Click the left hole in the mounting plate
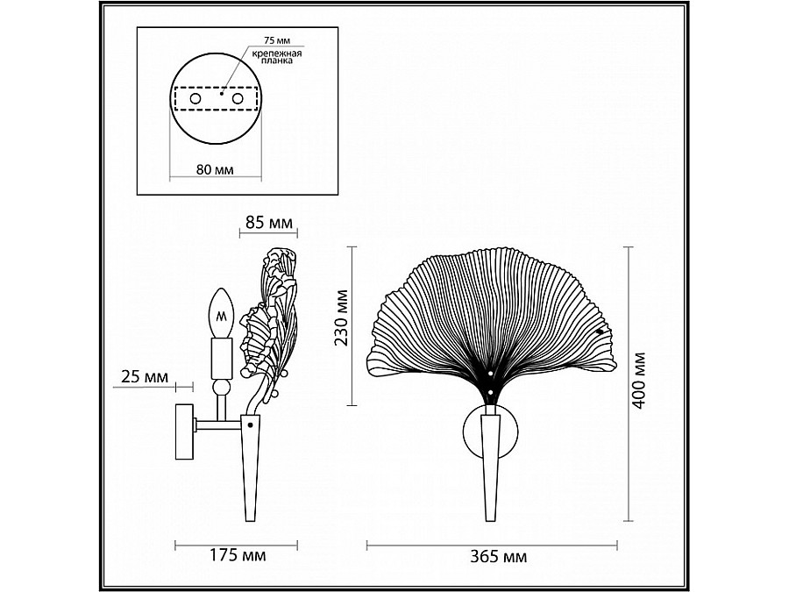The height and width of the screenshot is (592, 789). tap(195, 101)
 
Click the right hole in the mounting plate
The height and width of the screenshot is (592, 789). tap(237, 101)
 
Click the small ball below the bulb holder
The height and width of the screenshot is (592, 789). tap(223, 389)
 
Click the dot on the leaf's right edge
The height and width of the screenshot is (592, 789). tap(600, 331)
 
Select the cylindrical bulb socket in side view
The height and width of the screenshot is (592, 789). tap(222, 357)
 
